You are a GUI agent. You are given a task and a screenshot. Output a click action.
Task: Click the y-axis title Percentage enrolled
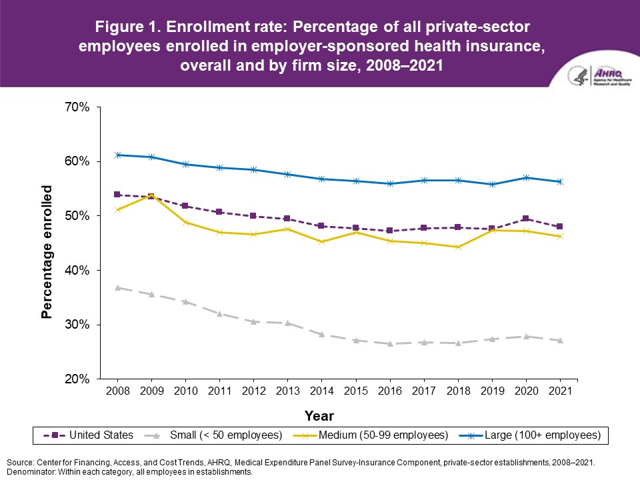click(47, 252)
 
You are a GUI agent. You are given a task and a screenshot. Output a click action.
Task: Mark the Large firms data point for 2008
click(117, 155)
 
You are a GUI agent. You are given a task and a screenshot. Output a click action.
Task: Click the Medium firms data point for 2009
click(151, 195)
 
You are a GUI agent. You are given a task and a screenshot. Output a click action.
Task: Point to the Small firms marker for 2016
click(391, 344)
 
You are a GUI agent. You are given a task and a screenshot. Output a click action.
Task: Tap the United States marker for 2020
click(527, 219)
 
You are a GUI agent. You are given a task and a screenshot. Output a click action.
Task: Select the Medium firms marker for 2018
click(459, 247)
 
